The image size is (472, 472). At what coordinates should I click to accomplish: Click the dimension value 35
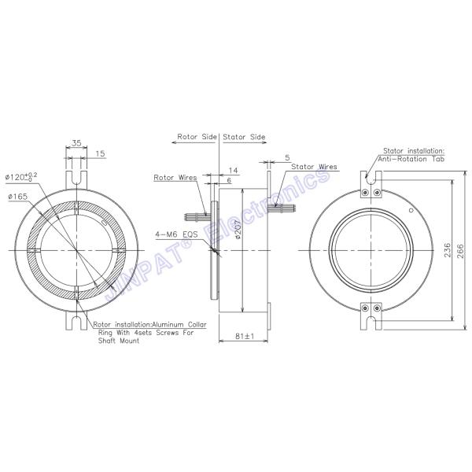(x=76, y=143)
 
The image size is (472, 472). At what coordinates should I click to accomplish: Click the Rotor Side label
(x=197, y=137)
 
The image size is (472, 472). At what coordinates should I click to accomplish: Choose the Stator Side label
(x=245, y=137)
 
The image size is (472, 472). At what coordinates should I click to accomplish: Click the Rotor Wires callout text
(x=175, y=178)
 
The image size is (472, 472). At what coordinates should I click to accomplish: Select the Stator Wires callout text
(x=314, y=167)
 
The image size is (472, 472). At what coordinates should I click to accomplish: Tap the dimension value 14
(x=233, y=170)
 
